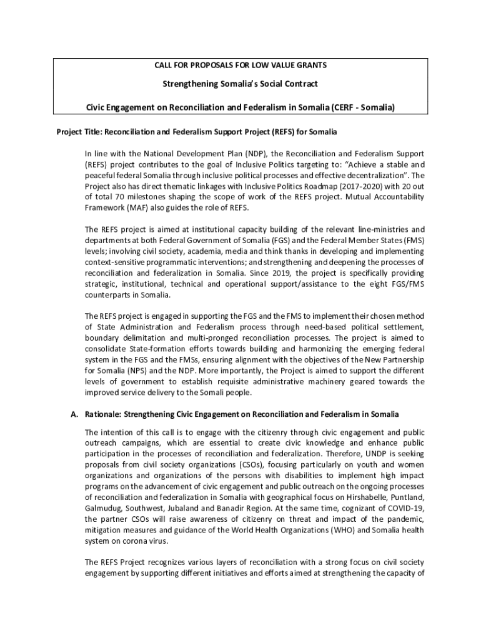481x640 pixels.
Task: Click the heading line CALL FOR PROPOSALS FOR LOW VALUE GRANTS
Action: pos(241,65)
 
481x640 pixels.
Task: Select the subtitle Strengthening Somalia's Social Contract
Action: pos(241,84)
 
